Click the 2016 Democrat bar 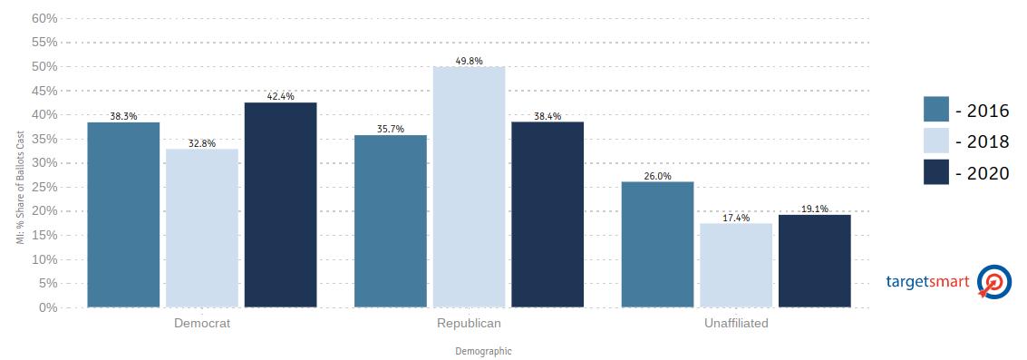tap(123, 214)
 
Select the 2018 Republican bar tap(469, 187)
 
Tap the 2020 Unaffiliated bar tap(815, 261)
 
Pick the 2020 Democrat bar tap(280, 205)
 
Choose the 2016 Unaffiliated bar tap(657, 244)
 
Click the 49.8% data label tap(469, 61)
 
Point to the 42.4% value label tap(280, 96)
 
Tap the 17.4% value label tap(736, 218)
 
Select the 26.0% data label tap(657, 177)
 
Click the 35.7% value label tap(391, 129)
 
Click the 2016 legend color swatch tap(936, 109)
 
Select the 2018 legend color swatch tap(936, 141)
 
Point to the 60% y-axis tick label tap(44, 18)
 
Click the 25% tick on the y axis tap(44, 187)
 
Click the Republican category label tap(469, 324)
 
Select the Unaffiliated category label tap(736, 324)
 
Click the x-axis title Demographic tap(483, 352)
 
